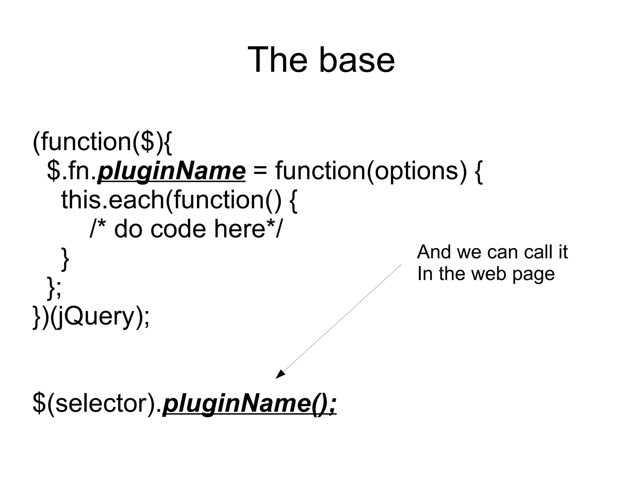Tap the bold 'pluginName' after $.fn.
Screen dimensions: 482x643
click(171, 171)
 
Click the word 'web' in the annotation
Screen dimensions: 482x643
click(489, 273)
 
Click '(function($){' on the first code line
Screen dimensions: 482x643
click(102, 142)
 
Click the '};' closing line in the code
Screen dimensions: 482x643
click(54, 287)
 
